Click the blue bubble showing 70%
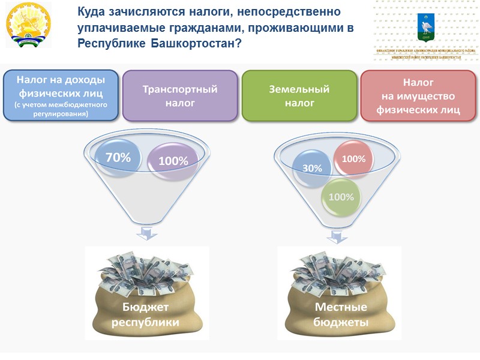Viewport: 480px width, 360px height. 118,158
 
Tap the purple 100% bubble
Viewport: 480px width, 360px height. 173,161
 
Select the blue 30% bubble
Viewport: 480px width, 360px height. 312,169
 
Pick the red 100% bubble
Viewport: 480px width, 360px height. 353,159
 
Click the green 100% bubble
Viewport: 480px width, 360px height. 341,197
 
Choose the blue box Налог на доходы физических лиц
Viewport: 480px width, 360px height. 61,95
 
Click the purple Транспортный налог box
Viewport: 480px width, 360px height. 179,95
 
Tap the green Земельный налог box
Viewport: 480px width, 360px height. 298,95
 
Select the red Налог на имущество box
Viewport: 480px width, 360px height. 418,95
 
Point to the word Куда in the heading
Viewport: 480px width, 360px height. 92,11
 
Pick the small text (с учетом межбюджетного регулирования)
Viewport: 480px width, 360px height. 61,108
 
